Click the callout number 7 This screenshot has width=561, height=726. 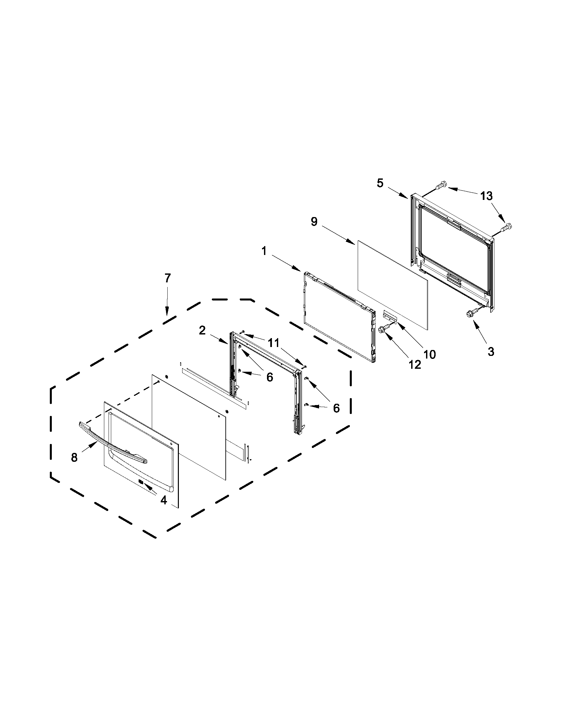[x=167, y=278]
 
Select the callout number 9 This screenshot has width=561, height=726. [x=314, y=222]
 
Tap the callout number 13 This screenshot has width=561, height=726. [x=486, y=196]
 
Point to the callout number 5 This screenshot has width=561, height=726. [x=380, y=183]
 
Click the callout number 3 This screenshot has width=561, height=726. [x=491, y=352]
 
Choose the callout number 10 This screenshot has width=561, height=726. [x=429, y=354]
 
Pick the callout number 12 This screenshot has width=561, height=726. [x=414, y=365]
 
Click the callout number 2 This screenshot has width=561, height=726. [x=202, y=331]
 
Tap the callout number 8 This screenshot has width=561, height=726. [x=74, y=458]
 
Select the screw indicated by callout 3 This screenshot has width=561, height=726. [x=471, y=312]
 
